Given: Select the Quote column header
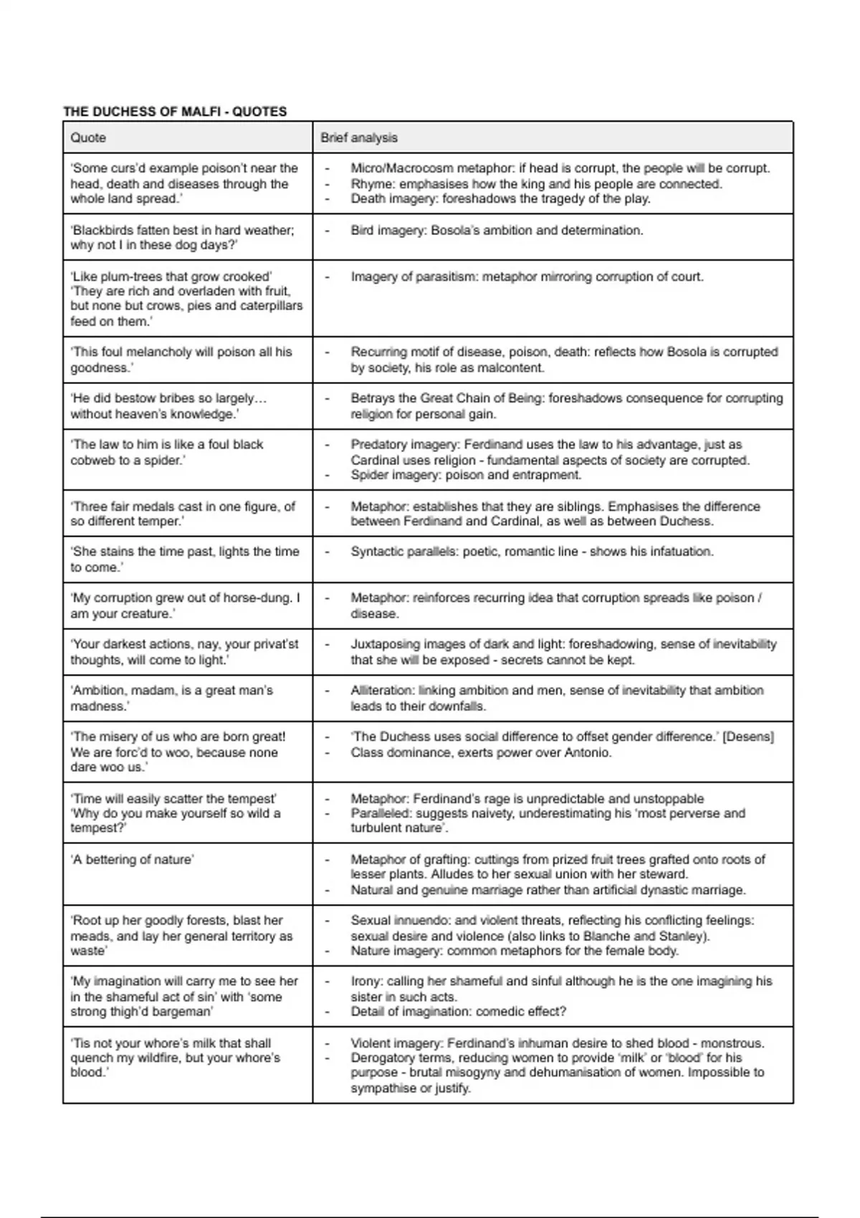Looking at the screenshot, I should (x=88, y=138).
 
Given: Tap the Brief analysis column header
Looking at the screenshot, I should (x=359, y=138).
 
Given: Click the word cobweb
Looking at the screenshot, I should (x=94, y=460).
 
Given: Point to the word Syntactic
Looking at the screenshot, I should (x=376, y=552).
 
